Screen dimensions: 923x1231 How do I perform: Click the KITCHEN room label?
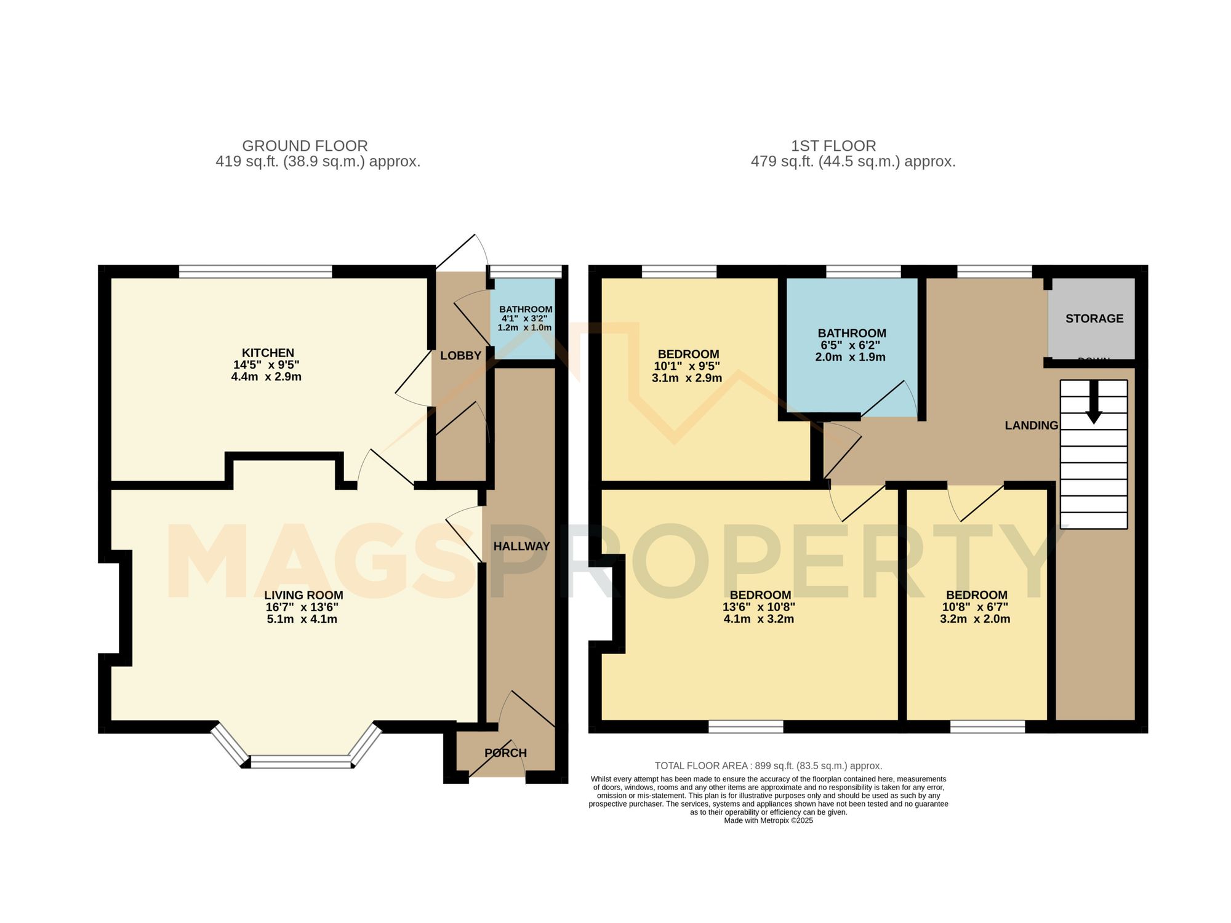point(268,353)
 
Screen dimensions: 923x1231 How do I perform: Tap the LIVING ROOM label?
point(303,595)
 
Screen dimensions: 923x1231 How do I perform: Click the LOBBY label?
point(460,356)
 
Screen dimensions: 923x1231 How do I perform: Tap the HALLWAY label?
point(521,546)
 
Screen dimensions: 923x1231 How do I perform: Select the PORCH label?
point(505,753)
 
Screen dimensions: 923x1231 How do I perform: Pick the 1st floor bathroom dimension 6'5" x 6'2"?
point(851,345)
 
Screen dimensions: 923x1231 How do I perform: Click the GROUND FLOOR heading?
point(305,146)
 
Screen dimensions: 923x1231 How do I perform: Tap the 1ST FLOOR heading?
point(833,146)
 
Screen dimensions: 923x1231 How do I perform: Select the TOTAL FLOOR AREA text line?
point(768,766)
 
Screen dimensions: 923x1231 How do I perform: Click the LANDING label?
point(1031,425)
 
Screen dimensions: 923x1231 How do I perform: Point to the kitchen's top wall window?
point(255,271)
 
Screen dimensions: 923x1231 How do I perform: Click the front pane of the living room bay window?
point(301,762)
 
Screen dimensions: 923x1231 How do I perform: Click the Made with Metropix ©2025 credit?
point(768,820)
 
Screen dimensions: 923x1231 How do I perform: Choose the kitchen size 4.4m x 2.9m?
point(266,377)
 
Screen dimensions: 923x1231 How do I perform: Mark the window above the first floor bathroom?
point(863,271)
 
